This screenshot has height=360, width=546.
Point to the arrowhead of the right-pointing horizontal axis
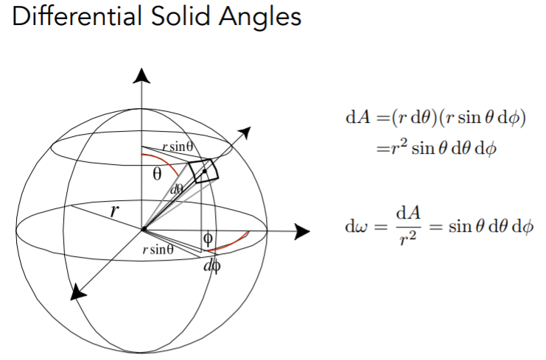coord(301,231)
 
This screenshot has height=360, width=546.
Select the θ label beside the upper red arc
coord(156,175)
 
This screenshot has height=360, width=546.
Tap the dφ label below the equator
coord(211,266)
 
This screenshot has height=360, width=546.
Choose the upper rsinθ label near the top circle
coord(178,147)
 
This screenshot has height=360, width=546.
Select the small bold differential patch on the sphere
coord(204,170)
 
